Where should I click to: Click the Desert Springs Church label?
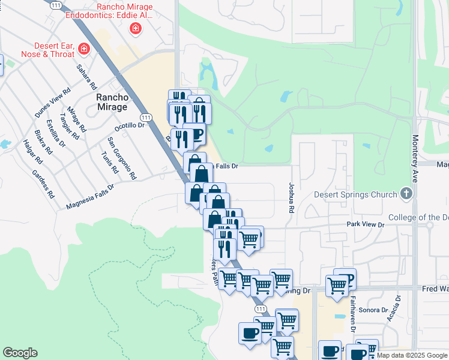tap(355, 194)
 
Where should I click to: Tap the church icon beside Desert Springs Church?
tap(406, 194)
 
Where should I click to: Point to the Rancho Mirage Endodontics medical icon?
tap(136, 28)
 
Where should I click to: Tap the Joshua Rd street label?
tap(291, 199)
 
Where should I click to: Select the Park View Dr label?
tap(364, 224)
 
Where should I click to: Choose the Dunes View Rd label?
tap(53, 103)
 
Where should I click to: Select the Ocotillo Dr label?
tap(130, 127)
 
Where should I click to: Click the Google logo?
tap(20, 353)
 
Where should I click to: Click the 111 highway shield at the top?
tap(56, 5)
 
